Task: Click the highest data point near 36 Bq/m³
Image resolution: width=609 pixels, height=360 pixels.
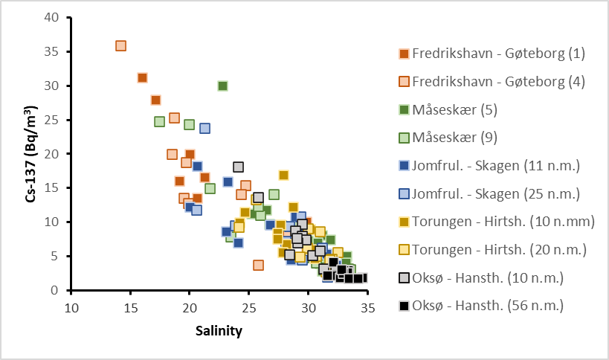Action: [x=120, y=46]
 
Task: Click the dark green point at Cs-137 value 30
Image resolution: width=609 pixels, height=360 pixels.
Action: [x=222, y=86]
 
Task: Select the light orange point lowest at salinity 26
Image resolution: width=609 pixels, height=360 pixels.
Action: [x=258, y=265]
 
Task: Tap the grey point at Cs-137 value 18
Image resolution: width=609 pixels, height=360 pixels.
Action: [x=238, y=167]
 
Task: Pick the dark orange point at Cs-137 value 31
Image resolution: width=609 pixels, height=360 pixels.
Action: [x=142, y=78]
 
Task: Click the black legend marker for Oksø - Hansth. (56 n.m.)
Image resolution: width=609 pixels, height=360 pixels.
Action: [x=404, y=306]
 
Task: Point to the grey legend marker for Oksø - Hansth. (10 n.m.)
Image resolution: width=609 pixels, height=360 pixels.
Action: [x=404, y=277]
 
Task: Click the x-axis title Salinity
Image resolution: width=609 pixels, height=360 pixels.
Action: [x=219, y=330]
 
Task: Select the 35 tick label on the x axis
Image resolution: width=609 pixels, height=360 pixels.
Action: [x=367, y=307]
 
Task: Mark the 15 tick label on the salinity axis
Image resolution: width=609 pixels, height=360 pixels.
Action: [x=130, y=307]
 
